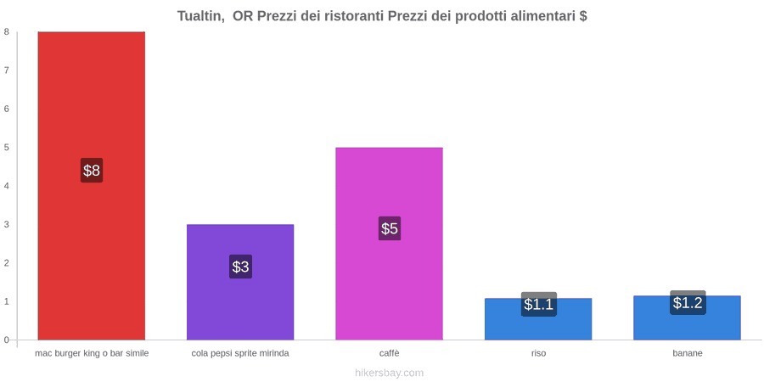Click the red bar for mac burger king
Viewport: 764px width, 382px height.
(92, 186)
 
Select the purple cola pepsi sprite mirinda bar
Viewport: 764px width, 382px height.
(240, 282)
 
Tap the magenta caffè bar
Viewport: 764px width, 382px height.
(390, 244)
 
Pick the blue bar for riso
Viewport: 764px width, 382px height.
(538, 319)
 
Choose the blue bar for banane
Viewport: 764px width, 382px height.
(687, 317)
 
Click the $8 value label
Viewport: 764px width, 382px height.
(92, 171)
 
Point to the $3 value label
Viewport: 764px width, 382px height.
(240, 267)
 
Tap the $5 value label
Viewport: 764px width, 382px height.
(390, 228)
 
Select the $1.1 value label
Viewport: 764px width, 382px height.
(538, 304)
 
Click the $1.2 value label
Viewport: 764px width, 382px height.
(688, 302)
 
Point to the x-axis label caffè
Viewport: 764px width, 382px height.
(390, 353)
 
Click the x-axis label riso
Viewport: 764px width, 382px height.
(538, 353)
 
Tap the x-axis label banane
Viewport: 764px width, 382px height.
(688, 353)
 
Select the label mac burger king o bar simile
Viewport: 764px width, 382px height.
(92, 353)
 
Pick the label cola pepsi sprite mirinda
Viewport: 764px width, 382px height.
(240, 353)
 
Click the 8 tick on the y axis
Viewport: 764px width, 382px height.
(7, 31)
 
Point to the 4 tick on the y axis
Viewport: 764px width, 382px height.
(7, 186)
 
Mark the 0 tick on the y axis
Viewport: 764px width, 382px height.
(7, 340)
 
